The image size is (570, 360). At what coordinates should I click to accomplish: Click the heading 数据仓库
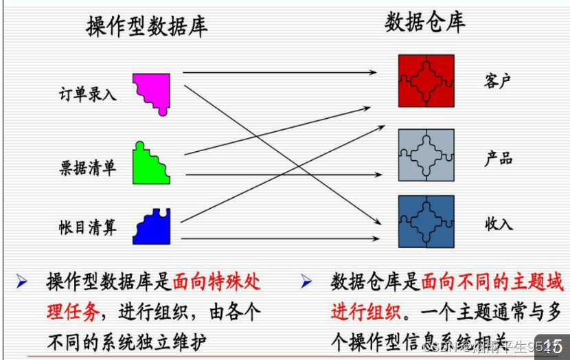click(x=425, y=22)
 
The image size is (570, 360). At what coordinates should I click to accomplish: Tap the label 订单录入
click(x=88, y=94)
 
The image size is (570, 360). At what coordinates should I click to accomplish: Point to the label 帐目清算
click(x=88, y=227)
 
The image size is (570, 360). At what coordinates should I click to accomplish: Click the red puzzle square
click(x=426, y=80)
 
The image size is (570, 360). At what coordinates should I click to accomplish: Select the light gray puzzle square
click(x=426, y=155)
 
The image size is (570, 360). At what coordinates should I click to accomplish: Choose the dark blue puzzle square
click(x=426, y=221)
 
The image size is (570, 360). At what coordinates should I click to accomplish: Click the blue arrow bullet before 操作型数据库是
click(x=22, y=281)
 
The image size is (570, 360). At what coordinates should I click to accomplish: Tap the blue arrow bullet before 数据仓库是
click(x=306, y=281)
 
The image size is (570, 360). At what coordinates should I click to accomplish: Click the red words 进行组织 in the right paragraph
click(x=364, y=311)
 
